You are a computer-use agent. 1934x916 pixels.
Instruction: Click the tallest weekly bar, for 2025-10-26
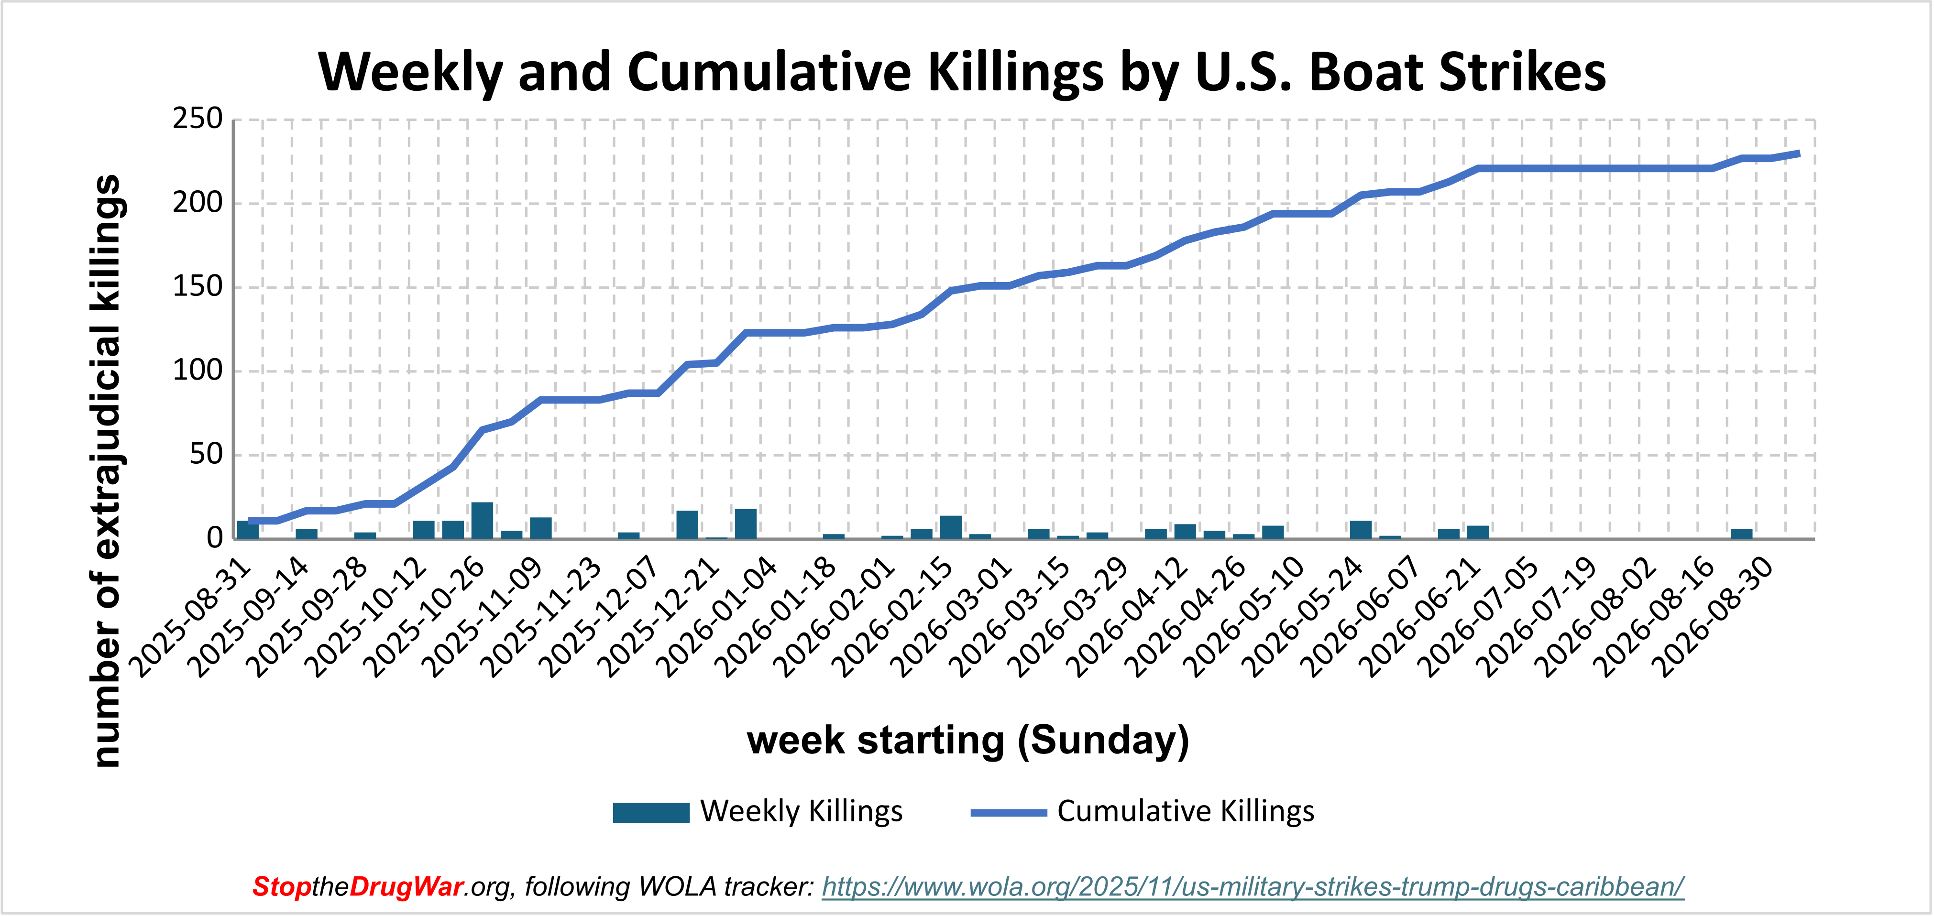[482, 520]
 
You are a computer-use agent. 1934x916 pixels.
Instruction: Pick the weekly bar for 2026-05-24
[1361, 530]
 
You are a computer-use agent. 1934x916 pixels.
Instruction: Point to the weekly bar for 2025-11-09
[540, 529]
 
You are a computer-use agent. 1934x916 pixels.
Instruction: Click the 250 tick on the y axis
[198, 119]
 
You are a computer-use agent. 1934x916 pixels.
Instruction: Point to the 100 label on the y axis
[198, 371]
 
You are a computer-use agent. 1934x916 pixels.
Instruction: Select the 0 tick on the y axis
[216, 538]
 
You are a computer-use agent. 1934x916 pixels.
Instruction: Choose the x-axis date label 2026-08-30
[1715, 617]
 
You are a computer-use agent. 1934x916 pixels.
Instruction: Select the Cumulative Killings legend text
[1186, 812]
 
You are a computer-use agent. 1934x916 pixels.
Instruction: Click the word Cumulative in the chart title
[769, 73]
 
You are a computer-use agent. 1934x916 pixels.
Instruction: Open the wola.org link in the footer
[1253, 887]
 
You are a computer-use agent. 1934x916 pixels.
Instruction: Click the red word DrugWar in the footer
[406, 887]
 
